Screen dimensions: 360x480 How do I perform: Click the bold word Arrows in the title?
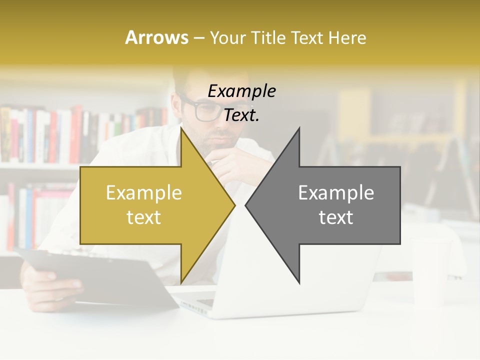tap(156, 37)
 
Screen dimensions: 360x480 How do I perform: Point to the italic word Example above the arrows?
tap(241, 91)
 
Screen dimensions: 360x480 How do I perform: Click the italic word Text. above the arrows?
tap(241, 115)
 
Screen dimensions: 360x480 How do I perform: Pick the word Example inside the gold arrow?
tap(144, 193)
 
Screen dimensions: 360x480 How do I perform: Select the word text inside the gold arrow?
tap(144, 217)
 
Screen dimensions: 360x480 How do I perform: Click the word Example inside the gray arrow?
tap(336, 193)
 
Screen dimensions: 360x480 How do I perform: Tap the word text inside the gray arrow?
tap(336, 217)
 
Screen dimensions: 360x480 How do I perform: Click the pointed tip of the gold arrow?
tap(234, 205)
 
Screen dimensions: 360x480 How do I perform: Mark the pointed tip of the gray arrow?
tap(246, 205)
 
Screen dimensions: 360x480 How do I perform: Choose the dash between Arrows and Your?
tap(198, 38)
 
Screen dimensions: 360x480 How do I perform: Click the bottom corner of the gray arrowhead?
tap(299, 283)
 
